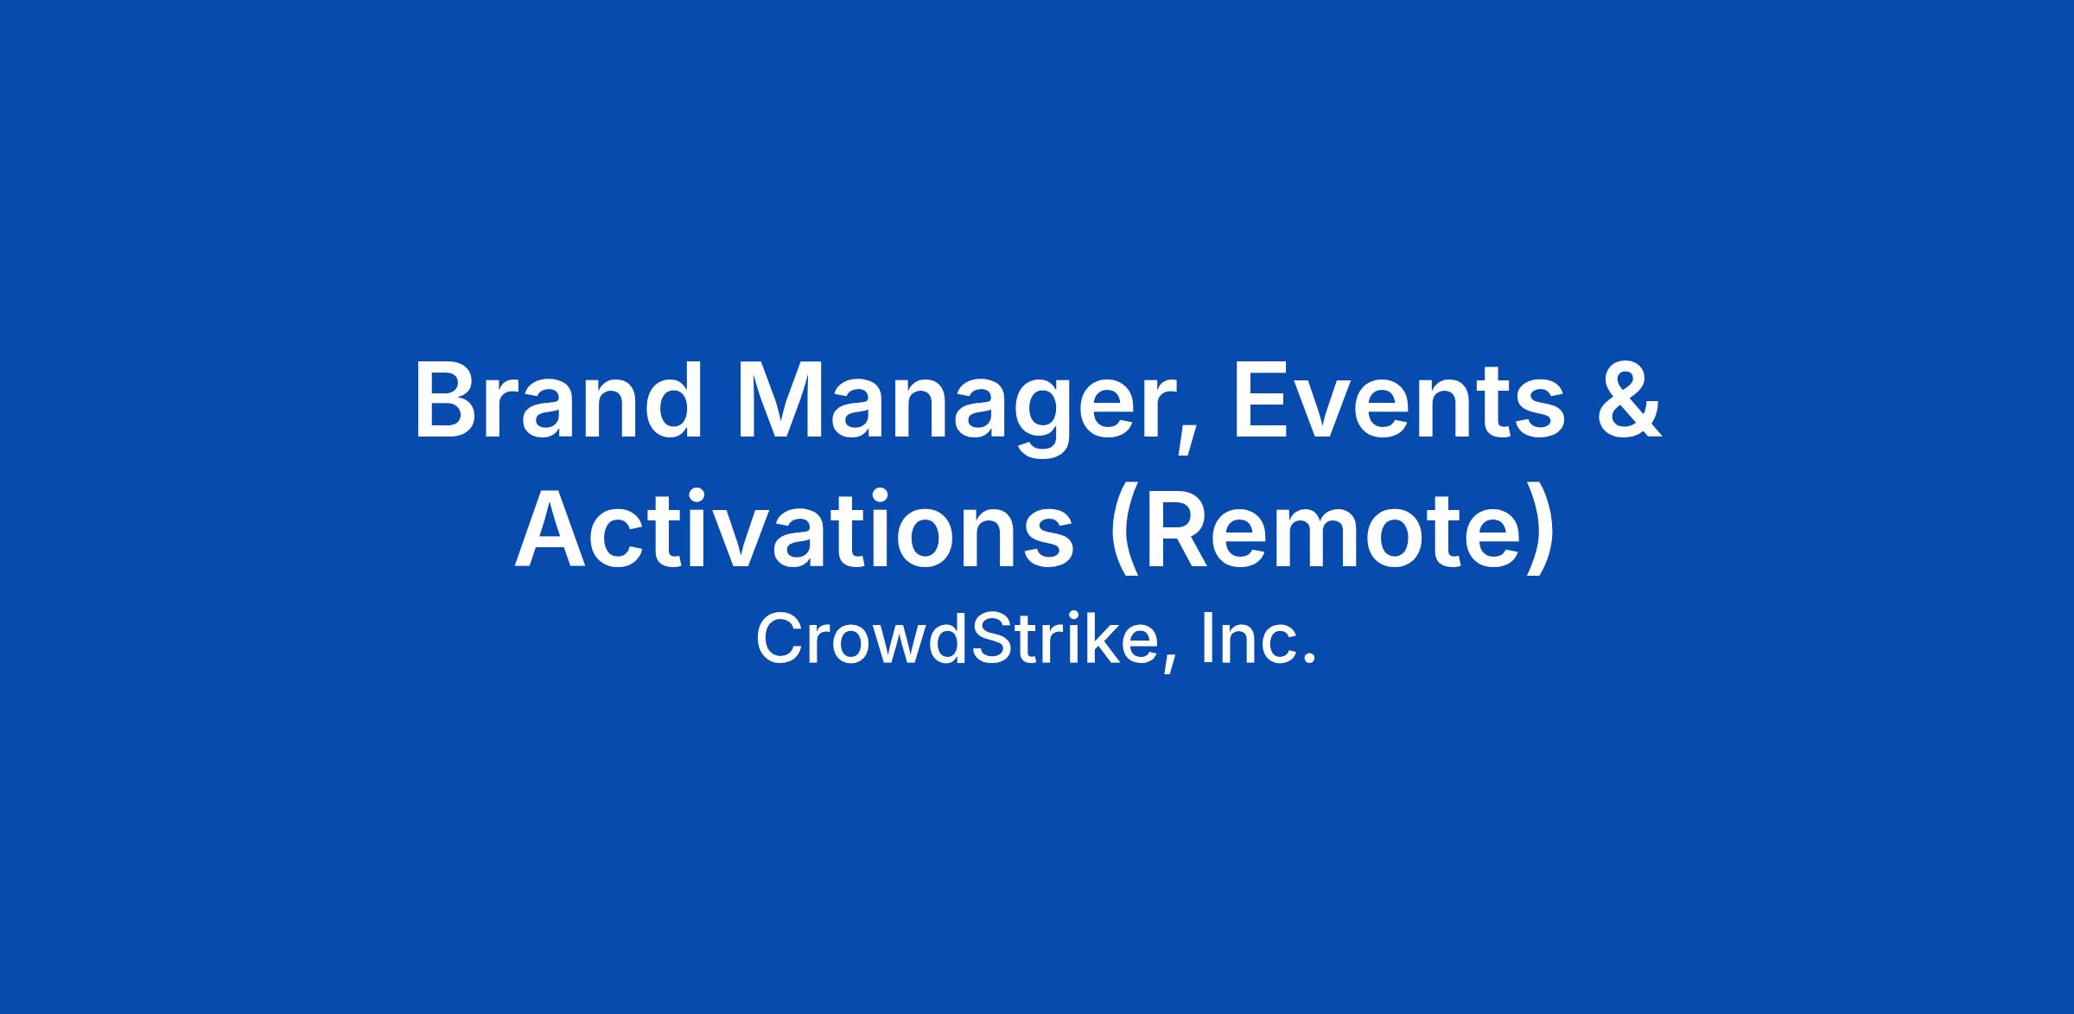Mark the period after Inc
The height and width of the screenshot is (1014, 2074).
click(x=1307, y=660)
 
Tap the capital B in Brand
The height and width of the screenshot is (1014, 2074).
click(x=448, y=402)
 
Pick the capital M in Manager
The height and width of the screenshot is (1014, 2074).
click(x=781, y=402)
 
